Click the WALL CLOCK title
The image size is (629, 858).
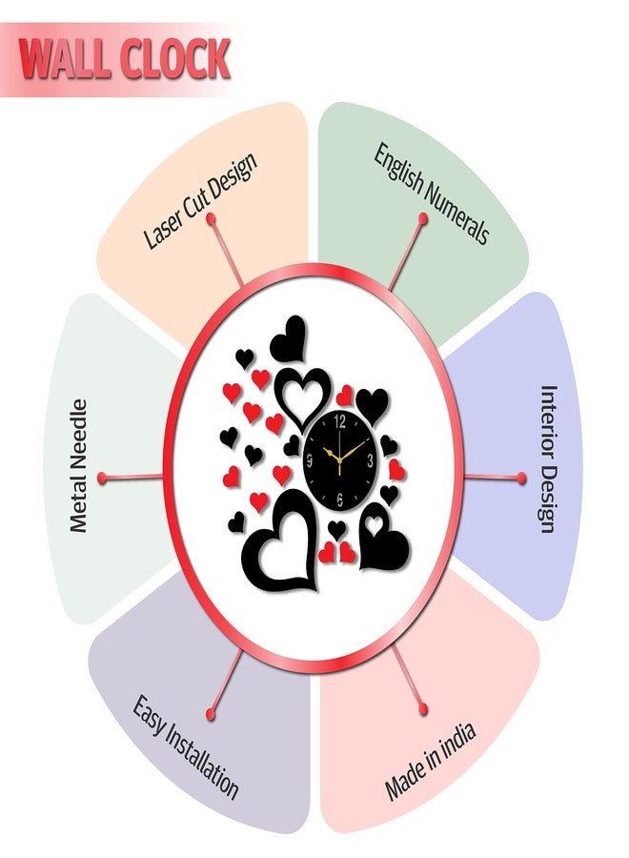[x=124, y=58]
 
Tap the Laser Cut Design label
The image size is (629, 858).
[x=199, y=201]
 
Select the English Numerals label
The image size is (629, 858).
[x=431, y=194]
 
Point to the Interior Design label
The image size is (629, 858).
[x=549, y=459]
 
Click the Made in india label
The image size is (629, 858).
[x=430, y=761]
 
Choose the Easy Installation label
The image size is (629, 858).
[x=185, y=747]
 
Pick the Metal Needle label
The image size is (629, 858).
[x=79, y=465]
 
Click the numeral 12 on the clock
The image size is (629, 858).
[x=339, y=421]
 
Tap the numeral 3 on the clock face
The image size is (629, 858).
[x=371, y=460]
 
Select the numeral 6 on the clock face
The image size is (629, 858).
[x=339, y=498]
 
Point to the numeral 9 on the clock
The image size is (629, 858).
[x=310, y=460]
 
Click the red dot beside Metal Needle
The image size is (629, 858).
[x=102, y=478]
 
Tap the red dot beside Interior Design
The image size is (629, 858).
[x=522, y=479]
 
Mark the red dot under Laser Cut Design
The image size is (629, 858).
[x=210, y=219]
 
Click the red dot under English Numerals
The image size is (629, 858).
[x=423, y=218]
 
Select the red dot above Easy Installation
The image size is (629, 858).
[x=211, y=714]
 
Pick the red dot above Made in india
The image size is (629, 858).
[x=423, y=709]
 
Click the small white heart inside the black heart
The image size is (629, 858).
[x=375, y=523]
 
